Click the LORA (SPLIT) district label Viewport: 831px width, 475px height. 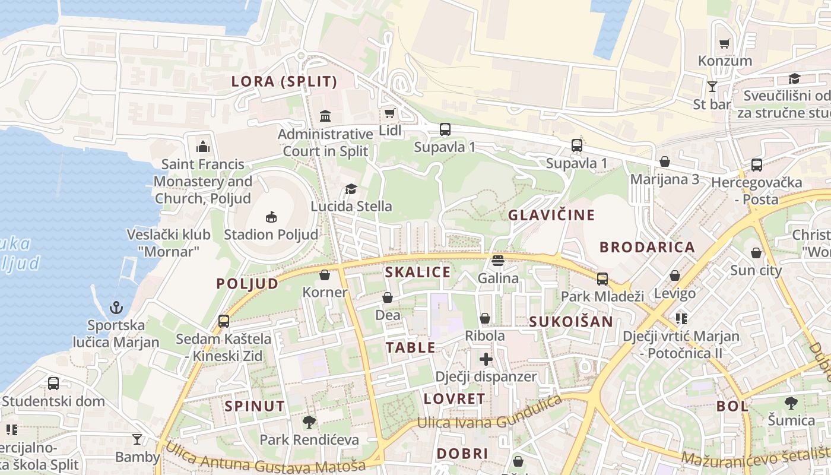click(284, 82)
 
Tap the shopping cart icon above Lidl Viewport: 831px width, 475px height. click(389, 113)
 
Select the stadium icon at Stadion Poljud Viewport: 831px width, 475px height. click(271, 217)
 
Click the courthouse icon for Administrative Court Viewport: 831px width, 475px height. click(325, 115)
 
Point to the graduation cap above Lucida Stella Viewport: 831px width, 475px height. click(351, 189)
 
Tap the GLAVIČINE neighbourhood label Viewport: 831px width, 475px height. click(551, 215)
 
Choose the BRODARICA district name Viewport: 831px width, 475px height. click(647, 247)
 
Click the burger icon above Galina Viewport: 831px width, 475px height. click(498, 261)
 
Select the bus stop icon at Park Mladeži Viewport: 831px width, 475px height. click(602, 278)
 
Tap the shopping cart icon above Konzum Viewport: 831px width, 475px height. click(724, 43)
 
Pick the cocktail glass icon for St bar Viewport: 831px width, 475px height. click(712, 87)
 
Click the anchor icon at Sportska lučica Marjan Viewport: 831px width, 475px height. click(116, 308)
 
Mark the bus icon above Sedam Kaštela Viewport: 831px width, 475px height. click(224, 321)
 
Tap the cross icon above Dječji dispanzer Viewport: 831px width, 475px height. click(486, 359)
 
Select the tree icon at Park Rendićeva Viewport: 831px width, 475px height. click(309, 422)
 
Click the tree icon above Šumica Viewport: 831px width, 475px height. click(791, 403)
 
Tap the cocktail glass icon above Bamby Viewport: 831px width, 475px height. click(137, 439)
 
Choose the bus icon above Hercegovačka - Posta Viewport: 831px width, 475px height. click(757, 165)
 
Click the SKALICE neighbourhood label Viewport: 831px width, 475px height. click(418, 273)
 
